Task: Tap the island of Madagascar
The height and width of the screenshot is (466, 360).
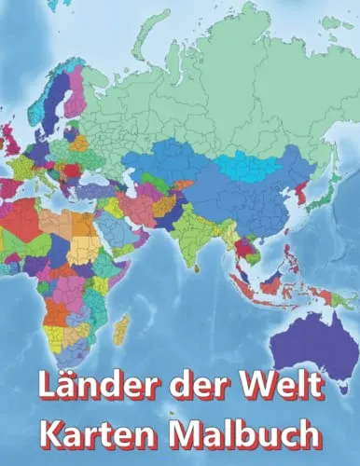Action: click(x=120, y=329)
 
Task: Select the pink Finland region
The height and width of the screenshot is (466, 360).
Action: click(x=73, y=93)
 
